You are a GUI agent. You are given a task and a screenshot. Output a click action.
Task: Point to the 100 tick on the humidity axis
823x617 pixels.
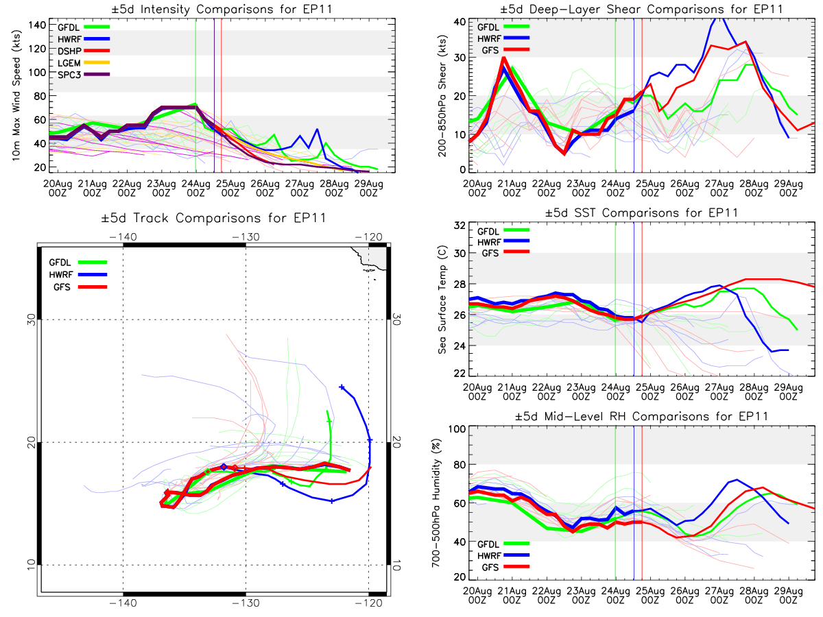455,428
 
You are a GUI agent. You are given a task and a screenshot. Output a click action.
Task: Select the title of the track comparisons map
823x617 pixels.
213,219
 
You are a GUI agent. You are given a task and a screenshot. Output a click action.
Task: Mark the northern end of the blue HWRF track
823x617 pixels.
342,387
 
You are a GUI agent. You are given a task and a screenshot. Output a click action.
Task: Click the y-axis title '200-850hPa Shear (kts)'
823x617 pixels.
444,96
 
